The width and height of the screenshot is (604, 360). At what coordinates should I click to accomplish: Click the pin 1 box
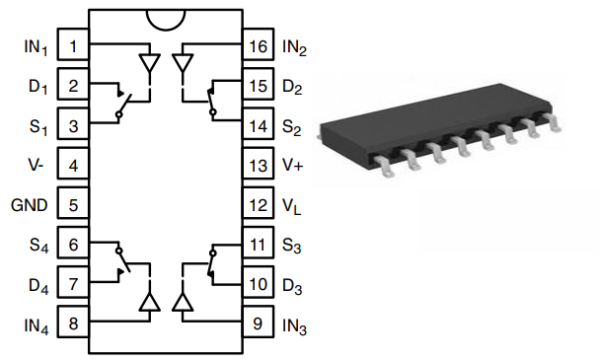[73, 44]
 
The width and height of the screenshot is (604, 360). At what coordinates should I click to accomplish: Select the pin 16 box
[259, 44]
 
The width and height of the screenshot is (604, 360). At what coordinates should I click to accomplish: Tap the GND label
[30, 205]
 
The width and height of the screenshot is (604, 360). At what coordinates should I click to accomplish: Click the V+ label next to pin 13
[293, 165]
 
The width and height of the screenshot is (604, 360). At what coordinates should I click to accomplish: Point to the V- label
[36, 165]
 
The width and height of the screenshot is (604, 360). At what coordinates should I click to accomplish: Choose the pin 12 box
[259, 203]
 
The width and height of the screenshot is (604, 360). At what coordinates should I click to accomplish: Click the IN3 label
[294, 326]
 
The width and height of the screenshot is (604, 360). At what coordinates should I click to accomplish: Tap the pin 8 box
[73, 322]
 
